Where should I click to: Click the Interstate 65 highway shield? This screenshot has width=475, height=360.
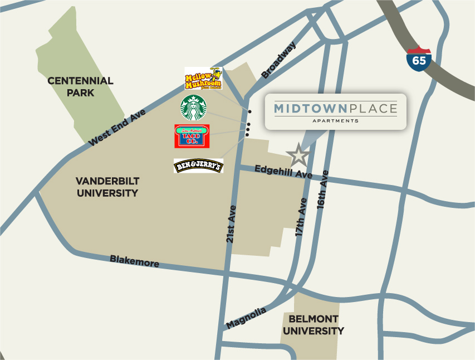click(x=419, y=59)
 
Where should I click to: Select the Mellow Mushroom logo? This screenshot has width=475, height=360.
click(x=203, y=79)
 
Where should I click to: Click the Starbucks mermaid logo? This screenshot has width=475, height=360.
click(x=193, y=108)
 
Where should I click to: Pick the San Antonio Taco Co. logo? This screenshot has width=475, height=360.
click(x=192, y=136)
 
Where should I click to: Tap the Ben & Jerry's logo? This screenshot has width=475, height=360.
click(x=198, y=166)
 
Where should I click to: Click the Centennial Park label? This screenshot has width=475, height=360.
click(x=80, y=87)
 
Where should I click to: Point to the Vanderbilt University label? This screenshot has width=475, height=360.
click(x=107, y=187)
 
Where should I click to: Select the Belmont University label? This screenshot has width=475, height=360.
click(x=313, y=324)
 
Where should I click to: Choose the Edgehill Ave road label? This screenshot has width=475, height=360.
click(x=283, y=172)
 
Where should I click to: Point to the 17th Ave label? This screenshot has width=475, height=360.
click(x=301, y=218)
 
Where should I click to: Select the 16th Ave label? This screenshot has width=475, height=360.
click(x=323, y=190)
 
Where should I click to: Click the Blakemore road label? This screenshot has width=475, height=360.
click(x=134, y=260)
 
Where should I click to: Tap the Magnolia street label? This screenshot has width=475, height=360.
click(x=246, y=318)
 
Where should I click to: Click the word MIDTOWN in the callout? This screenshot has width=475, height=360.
click(x=311, y=108)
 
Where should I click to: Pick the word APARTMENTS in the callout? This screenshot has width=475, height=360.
click(x=335, y=120)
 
